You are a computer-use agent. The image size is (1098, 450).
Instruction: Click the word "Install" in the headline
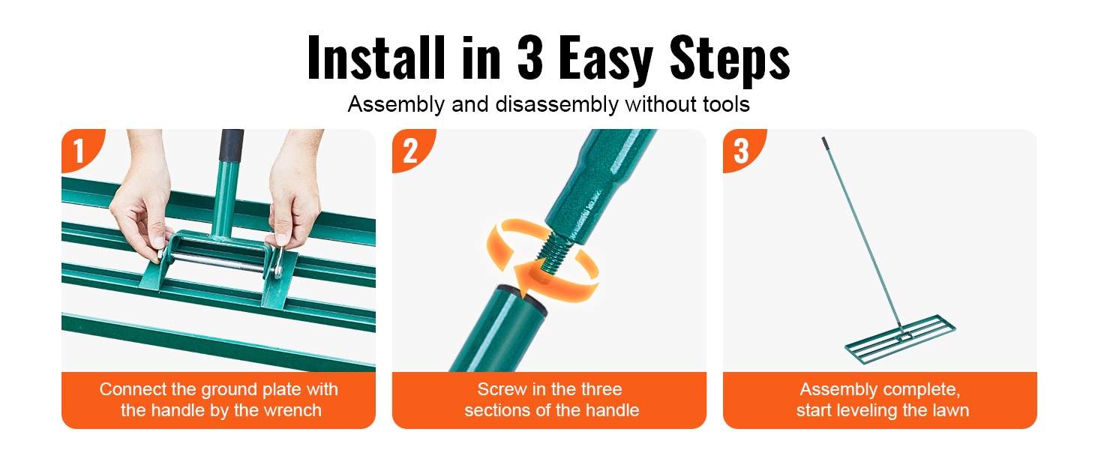[x=376, y=58]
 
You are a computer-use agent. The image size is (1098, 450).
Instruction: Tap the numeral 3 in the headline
[x=530, y=58]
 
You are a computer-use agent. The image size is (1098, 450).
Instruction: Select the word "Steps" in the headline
[x=730, y=60]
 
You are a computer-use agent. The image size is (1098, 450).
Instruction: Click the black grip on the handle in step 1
[x=231, y=145]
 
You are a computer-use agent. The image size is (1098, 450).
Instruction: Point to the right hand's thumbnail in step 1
[x=280, y=238]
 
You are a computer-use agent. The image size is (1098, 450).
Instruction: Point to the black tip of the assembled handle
[x=824, y=142]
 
